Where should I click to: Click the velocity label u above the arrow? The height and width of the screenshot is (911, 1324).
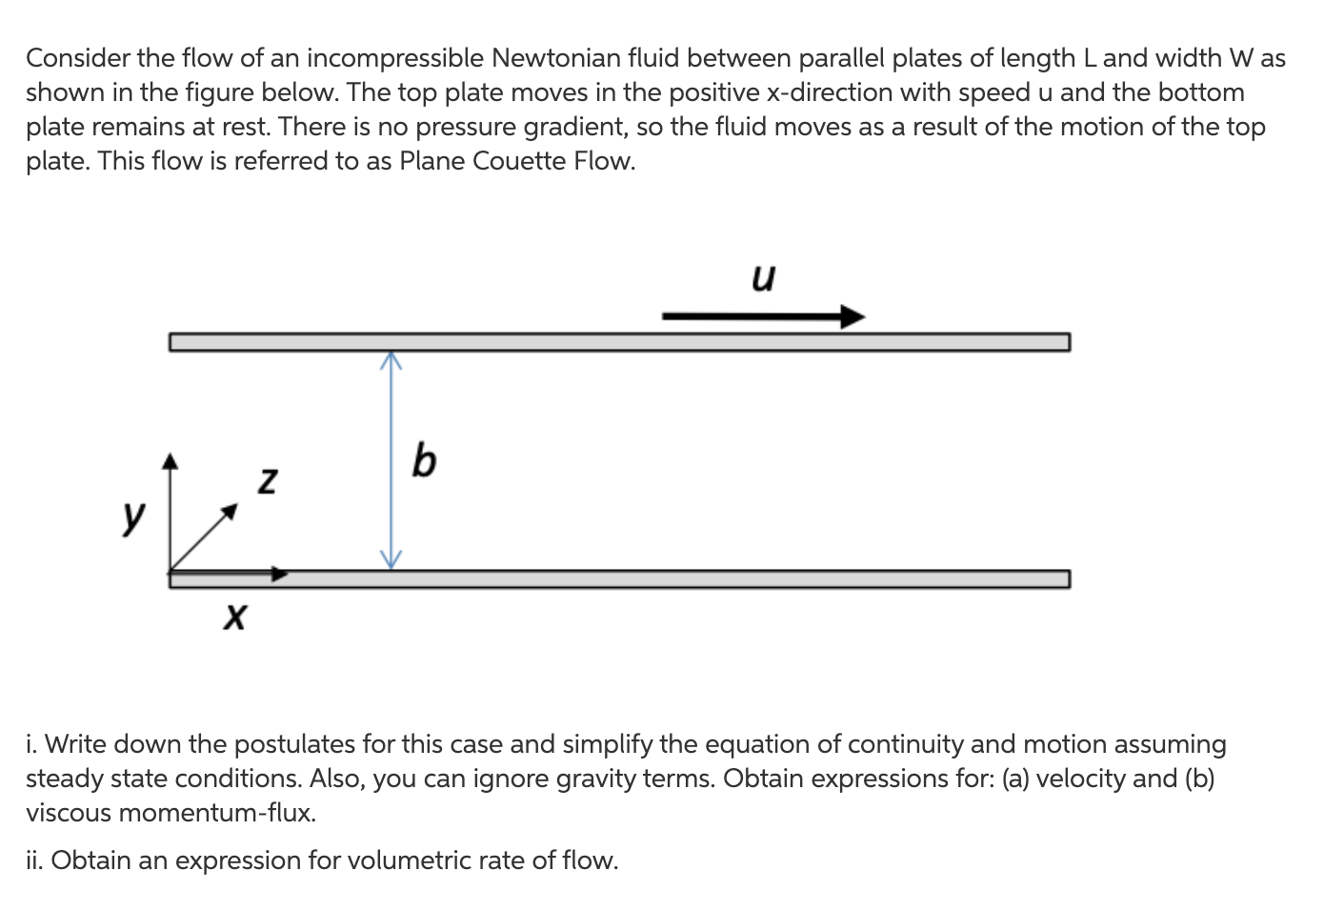point(763,277)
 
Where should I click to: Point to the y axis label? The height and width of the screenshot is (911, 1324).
point(134,516)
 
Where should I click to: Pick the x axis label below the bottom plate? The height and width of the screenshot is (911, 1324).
point(233,617)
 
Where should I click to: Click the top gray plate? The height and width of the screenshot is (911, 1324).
point(619,342)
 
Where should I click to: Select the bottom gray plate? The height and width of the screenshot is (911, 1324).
point(667,579)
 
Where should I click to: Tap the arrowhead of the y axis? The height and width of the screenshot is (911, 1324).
point(170,461)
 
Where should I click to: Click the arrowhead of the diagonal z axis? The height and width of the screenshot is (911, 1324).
point(229,512)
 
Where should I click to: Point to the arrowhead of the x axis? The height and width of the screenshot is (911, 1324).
point(279,574)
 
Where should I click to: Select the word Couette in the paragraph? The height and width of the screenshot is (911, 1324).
point(519,161)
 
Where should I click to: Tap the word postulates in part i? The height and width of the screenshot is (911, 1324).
point(309,744)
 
